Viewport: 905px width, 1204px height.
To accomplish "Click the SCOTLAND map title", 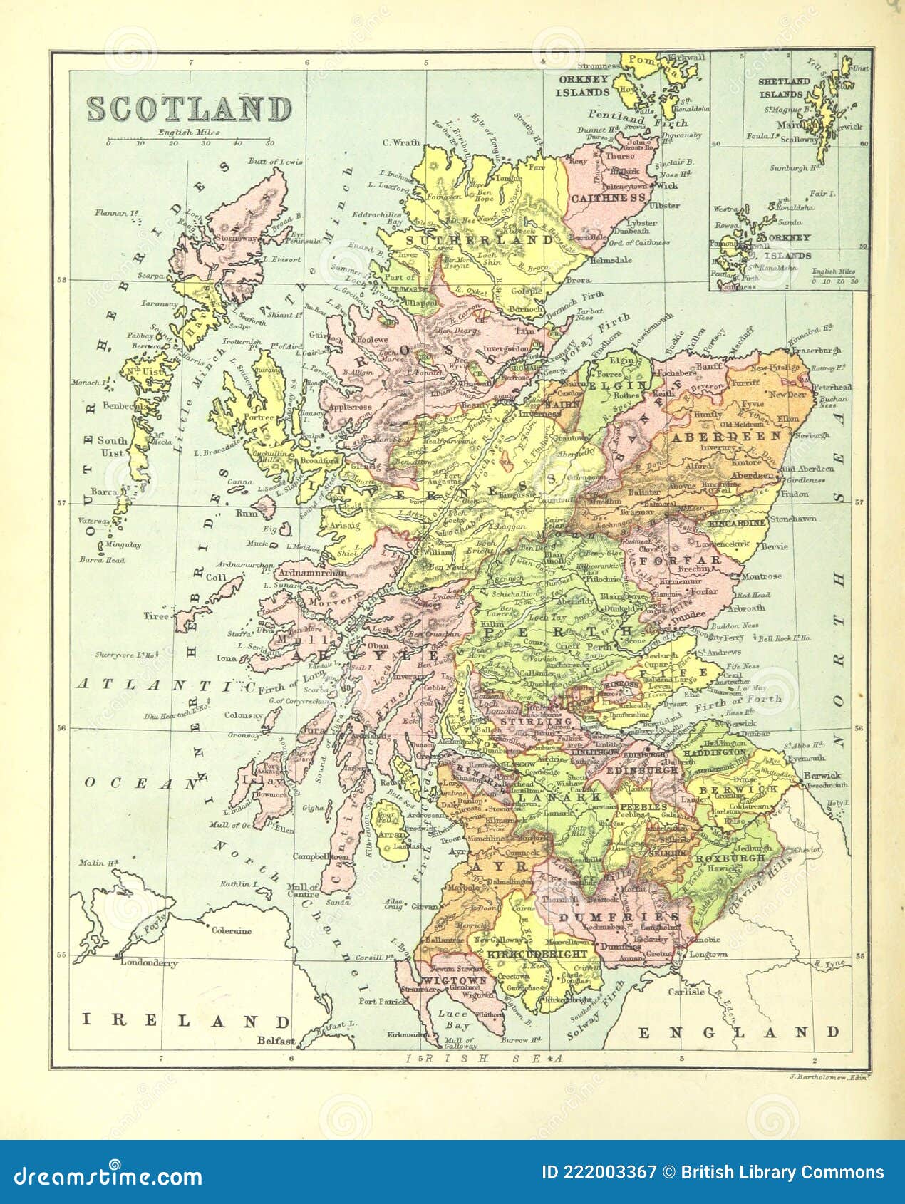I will click(190, 109).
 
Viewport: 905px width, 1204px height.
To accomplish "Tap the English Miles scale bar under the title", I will click(189, 138).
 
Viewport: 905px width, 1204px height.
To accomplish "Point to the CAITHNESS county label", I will click(609, 198).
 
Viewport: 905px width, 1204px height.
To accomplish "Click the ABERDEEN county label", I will click(725, 436).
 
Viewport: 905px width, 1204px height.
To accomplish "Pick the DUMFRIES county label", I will click(619, 917).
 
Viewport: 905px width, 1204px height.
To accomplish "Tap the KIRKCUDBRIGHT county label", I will click(539, 953).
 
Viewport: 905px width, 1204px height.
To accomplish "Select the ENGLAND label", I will click(738, 1032).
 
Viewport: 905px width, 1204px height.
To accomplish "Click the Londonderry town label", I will click(148, 962).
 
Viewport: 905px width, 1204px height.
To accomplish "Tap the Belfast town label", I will click(276, 1041).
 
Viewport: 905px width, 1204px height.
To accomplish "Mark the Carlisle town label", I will click(686, 991).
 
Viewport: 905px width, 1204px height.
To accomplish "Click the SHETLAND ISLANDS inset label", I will click(784, 88).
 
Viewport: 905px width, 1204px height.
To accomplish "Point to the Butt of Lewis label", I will click(275, 162).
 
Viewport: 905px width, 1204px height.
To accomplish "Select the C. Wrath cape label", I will click(401, 142).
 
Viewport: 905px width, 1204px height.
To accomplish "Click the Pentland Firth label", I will click(628, 118).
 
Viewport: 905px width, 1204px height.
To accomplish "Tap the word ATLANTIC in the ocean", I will click(165, 685).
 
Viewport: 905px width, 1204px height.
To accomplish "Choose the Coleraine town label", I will click(231, 930).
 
